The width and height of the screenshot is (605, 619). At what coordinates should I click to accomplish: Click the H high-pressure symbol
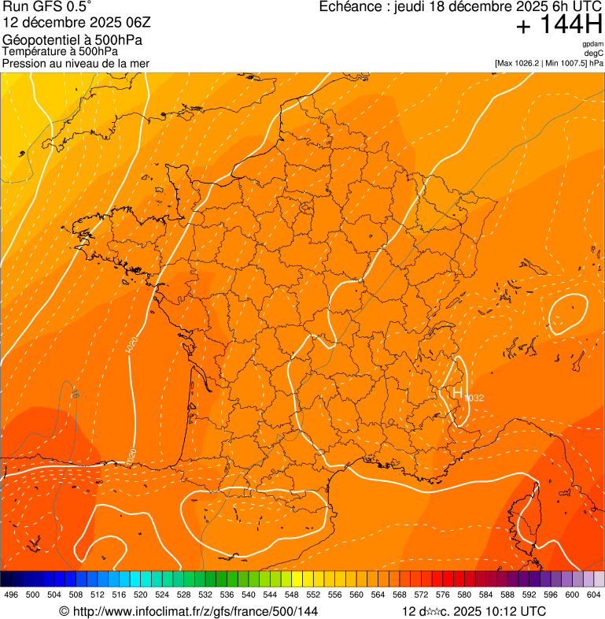click(456, 391)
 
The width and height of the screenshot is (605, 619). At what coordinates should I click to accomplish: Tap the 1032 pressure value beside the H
click(474, 398)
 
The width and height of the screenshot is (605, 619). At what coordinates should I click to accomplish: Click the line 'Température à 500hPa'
click(61, 52)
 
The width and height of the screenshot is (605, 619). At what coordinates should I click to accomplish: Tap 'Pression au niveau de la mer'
click(76, 63)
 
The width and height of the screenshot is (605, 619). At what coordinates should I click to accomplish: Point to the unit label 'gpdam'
click(592, 44)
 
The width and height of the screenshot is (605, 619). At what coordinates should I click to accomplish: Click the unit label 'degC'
click(595, 53)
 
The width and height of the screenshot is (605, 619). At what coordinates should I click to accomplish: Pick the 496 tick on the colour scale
click(11, 595)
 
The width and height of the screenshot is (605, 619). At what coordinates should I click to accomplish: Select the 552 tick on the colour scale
click(313, 595)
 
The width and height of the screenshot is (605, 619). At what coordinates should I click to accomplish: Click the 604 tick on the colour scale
click(594, 595)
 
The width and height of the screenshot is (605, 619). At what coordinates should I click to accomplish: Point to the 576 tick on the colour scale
click(443, 595)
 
